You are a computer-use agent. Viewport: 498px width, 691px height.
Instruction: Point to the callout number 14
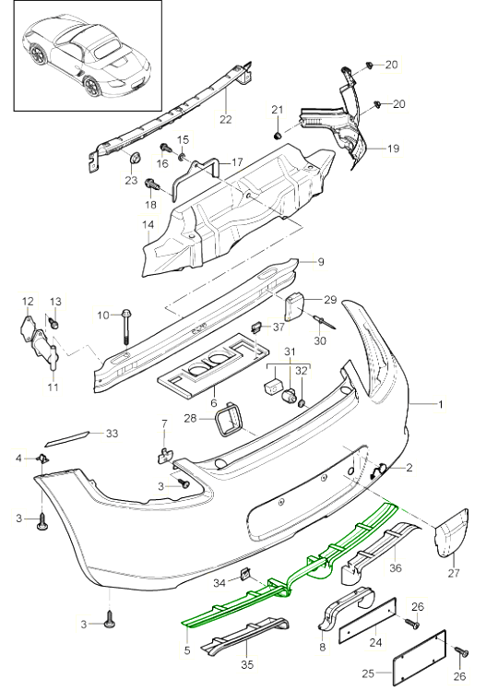pyautogui.click(x=148, y=224)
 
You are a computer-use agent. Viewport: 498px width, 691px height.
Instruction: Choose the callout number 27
pyautogui.click(x=453, y=574)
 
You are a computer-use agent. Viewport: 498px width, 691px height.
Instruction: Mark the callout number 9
pyautogui.click(x=321, y=262)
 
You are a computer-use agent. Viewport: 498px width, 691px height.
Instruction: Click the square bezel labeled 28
pyautogui.click(x=228, y=423)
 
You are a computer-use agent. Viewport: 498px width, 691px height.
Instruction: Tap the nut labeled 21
pyautogui.click(x=277, y=136)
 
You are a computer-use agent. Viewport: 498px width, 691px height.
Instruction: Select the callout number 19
pyautogui.click(x=392, y=148)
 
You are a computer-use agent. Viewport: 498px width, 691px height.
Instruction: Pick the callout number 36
pyautogui.click(x=397, y=569)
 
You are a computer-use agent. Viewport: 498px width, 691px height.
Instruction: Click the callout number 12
pyautogui.click(x=28, y=302)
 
